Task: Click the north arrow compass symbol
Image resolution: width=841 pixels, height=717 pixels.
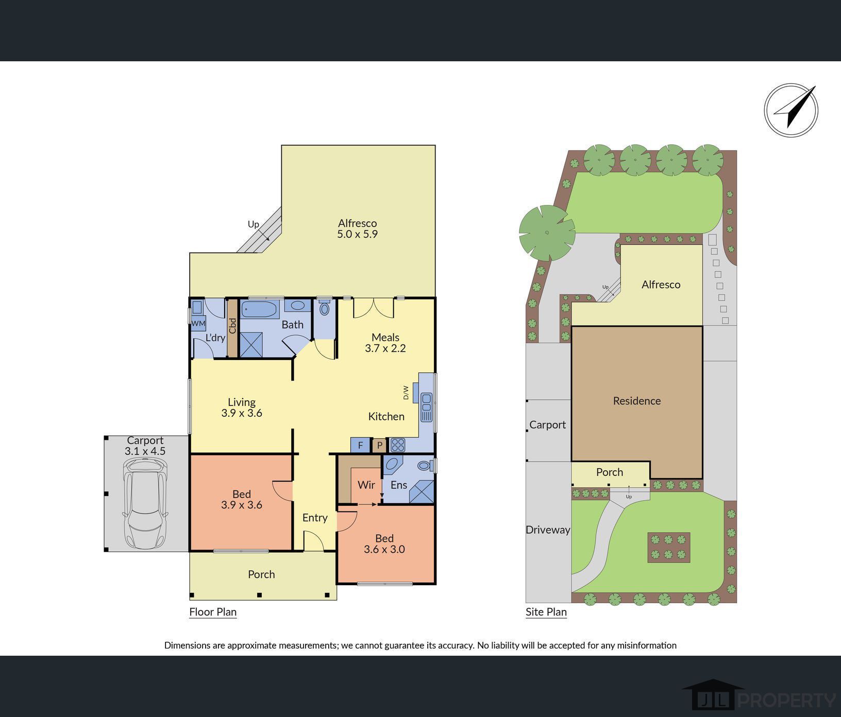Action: coord(790,110)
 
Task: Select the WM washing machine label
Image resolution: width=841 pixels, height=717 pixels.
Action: coord(198,323)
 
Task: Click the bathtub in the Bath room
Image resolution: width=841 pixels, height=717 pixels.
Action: coord(260,310)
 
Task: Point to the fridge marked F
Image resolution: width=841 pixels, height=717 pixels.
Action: coord(360,445)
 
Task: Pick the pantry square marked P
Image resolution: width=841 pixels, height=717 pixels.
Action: coord(379,445)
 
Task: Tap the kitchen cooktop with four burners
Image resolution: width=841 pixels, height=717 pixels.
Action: coord(397,445)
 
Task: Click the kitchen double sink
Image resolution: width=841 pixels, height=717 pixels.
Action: coord(426,406)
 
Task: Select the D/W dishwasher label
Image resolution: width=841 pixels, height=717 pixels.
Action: coord(406,392)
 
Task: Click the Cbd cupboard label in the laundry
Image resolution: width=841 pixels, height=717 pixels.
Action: coord(232,326)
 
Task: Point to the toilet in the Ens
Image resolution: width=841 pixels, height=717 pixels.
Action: coord(425,466)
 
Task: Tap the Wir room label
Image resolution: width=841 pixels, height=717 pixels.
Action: coord(366,485)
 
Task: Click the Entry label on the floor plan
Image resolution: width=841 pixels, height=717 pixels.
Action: coord(315,518)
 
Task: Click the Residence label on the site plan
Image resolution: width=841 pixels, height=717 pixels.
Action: coord(637,401)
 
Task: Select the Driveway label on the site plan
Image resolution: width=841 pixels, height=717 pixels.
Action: coord(548,530)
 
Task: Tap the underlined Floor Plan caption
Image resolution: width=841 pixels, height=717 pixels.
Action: coord(213,612)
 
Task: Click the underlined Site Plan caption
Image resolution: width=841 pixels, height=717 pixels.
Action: coord(546,612)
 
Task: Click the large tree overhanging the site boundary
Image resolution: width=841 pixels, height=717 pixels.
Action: coord(547,232)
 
